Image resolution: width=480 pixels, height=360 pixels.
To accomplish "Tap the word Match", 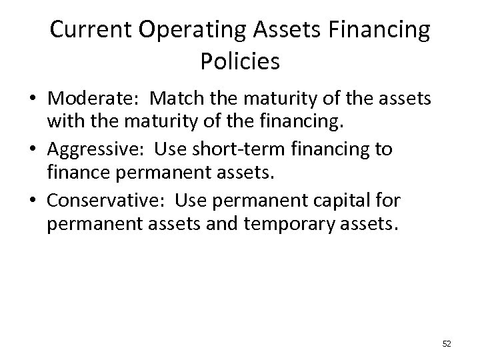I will pyautogui.click(x=175, y=100).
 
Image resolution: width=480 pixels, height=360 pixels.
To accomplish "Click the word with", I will pyautogui.click(x=62, y=123).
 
